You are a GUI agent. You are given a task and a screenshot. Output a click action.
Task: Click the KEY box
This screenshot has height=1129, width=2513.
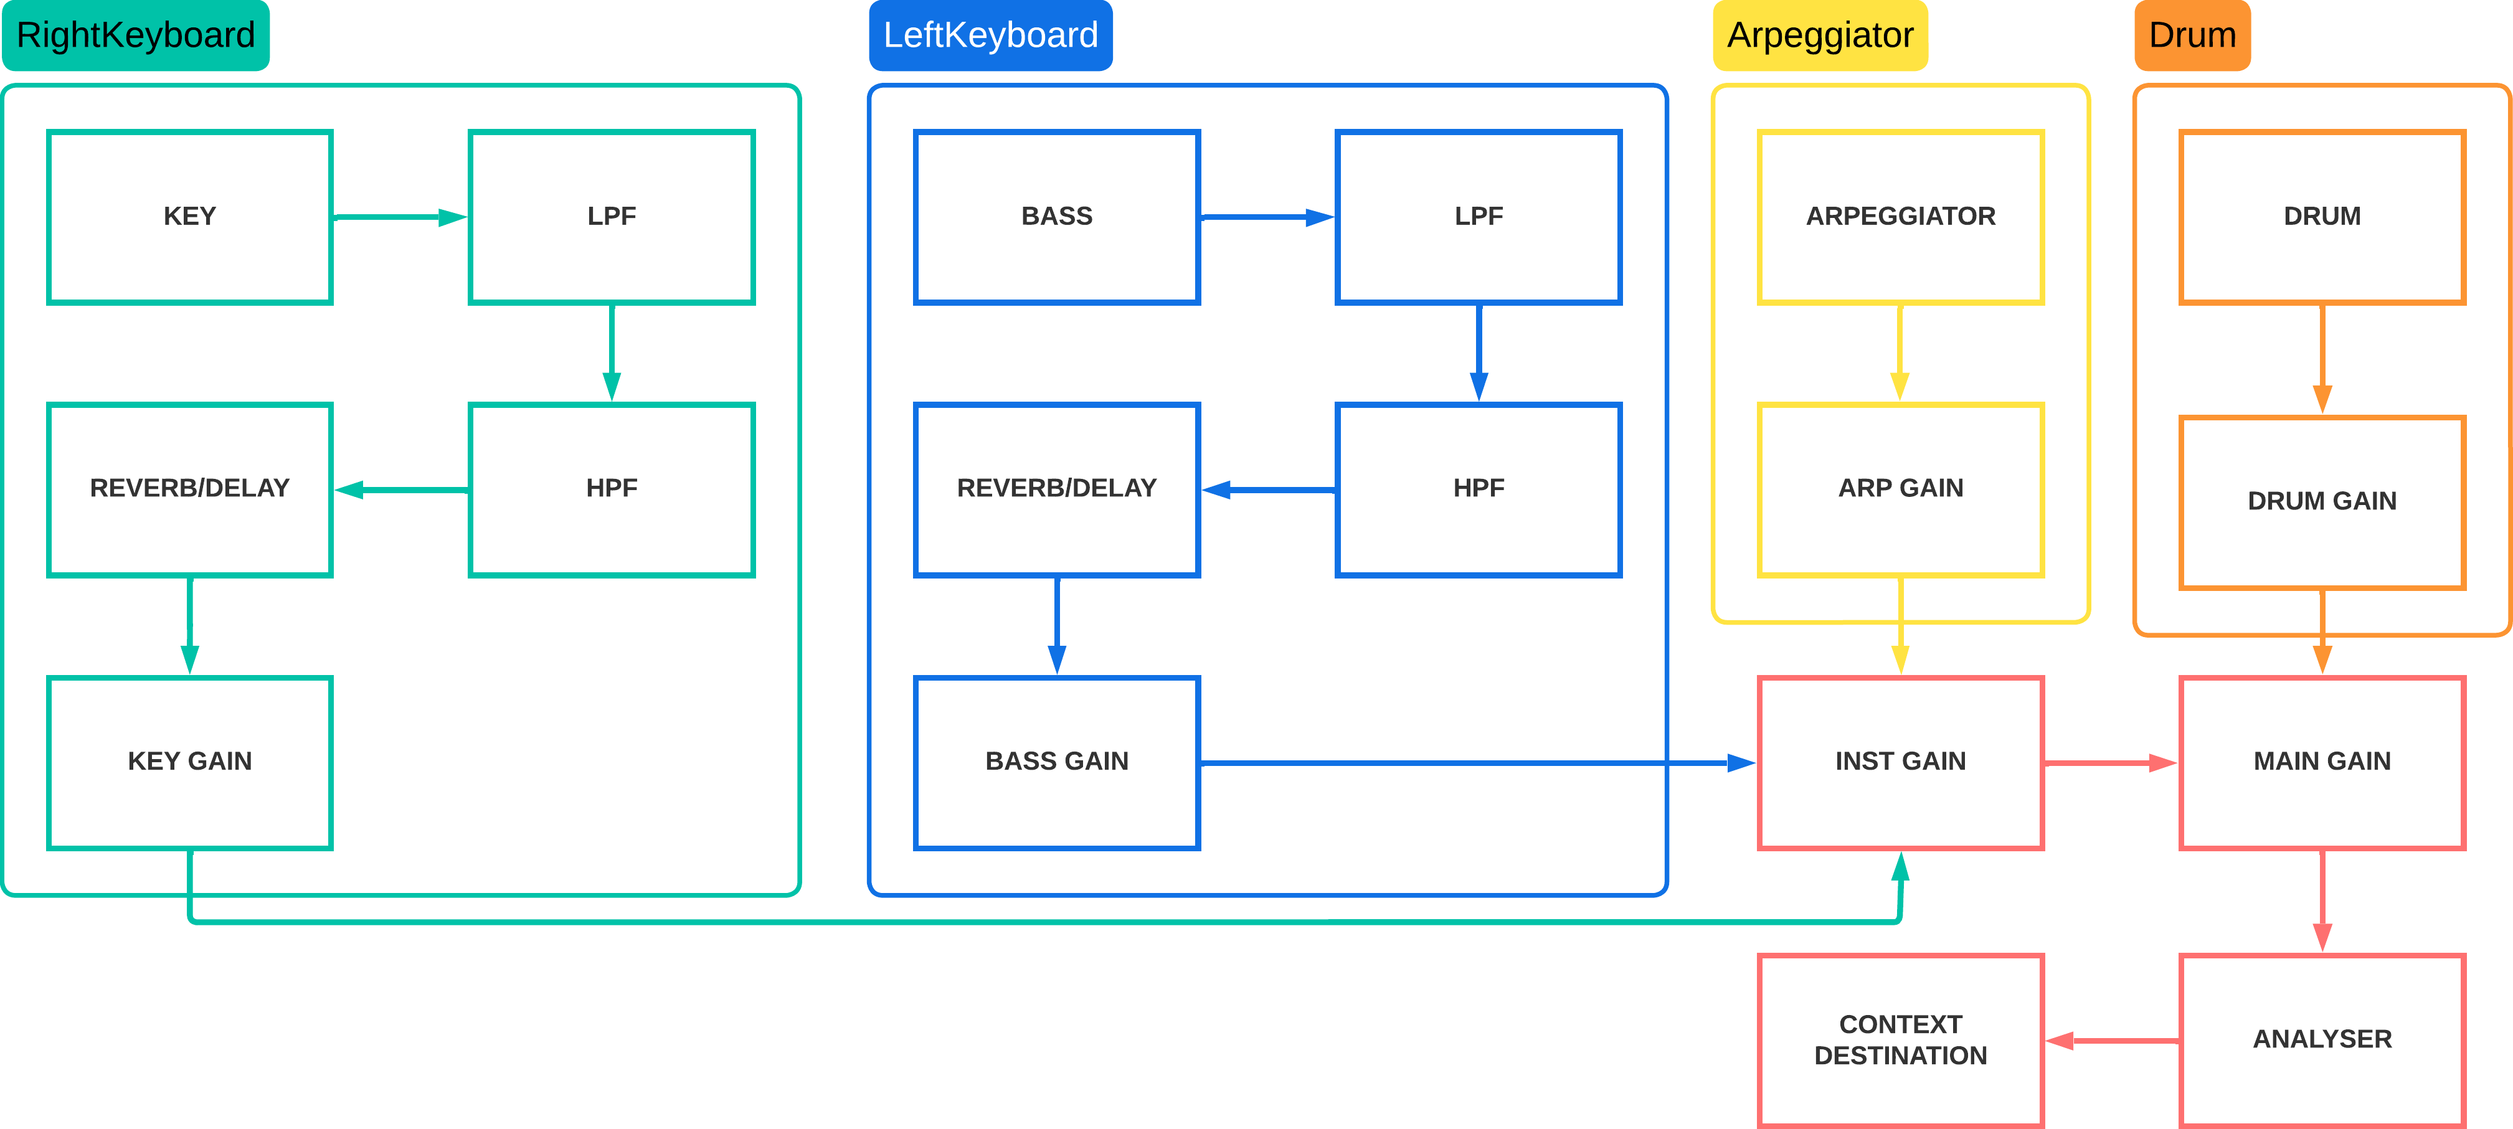point(190,217)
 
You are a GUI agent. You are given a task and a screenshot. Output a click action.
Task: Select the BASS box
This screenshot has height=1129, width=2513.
point(1056,217)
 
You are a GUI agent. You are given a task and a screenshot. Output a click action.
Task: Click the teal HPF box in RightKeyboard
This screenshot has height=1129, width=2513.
point(612,489)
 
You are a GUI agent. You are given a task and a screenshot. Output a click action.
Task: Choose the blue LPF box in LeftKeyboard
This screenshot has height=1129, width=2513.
point(1478,217)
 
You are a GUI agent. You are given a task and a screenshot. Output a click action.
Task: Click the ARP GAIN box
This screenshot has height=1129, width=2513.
point(1900,489)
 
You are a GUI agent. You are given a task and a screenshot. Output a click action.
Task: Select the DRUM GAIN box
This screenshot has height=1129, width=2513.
point(2322,501)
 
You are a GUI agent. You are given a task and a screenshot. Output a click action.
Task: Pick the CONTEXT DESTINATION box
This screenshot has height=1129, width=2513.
point(1900,1040)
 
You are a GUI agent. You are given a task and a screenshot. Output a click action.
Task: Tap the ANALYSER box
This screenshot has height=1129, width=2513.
point(2322,1040)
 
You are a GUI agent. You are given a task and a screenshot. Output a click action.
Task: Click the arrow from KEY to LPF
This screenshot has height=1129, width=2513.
point(400,217)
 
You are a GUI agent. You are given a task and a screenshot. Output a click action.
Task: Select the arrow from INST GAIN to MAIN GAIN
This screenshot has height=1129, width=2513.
point(2110,763)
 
